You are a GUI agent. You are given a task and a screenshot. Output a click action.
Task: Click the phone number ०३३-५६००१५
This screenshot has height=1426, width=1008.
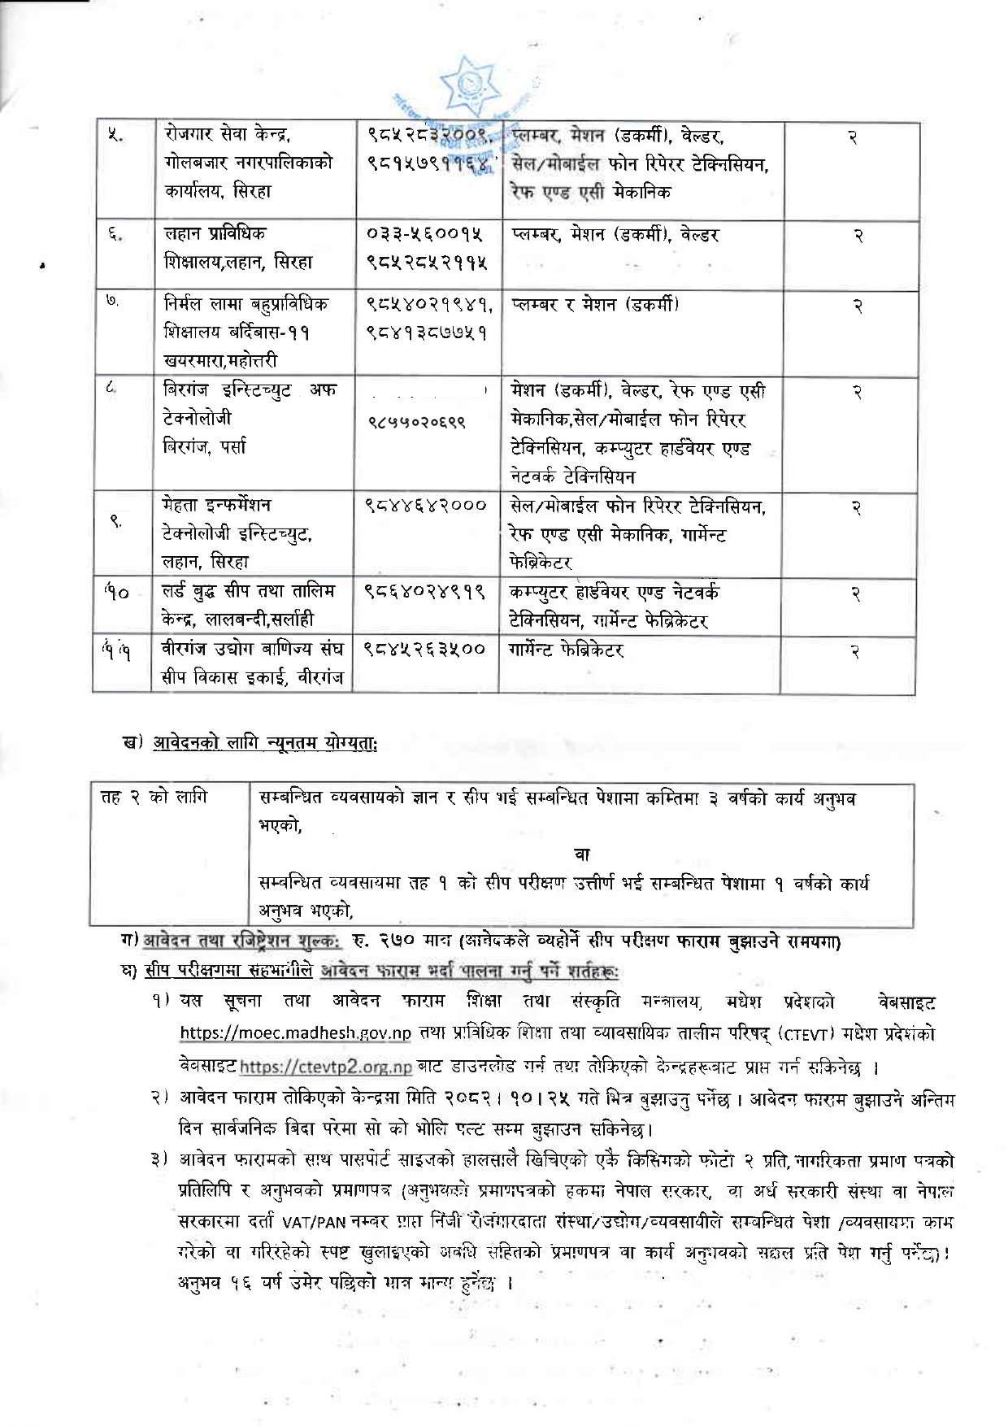(425, 235)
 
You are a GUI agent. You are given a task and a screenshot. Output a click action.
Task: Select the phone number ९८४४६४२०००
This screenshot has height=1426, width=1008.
(426, 506)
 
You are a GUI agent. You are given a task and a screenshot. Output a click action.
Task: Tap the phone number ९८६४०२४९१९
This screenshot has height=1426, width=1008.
(425, 592)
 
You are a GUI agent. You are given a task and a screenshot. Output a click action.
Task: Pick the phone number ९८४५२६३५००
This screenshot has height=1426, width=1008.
(425, 649)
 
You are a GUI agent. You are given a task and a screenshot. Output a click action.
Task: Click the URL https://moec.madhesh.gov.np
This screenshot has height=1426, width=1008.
(296, 1033)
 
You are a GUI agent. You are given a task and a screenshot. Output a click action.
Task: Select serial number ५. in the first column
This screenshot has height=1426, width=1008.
(115, 136)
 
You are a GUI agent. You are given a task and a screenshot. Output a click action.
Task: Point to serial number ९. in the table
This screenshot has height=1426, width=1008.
(116, 521)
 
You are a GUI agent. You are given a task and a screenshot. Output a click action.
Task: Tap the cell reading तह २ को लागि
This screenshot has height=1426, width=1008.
(154, 797)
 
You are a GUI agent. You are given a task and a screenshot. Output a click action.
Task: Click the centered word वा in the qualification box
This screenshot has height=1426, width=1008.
(582, 853)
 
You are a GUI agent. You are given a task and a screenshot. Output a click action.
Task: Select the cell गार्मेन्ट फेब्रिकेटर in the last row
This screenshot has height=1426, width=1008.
(566, 650)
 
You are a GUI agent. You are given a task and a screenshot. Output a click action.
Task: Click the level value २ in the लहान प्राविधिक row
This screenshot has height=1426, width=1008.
(857, 236)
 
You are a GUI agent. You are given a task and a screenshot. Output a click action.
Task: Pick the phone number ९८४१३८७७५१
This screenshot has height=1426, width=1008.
(426, 333)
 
